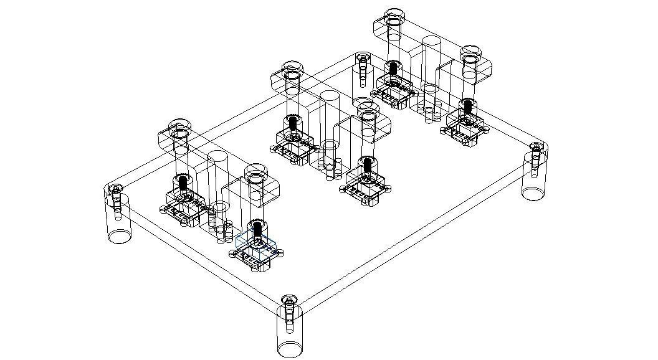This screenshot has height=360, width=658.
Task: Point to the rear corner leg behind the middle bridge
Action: (x=361, y=78)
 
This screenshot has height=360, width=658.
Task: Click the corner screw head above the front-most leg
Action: (x=288, y=302)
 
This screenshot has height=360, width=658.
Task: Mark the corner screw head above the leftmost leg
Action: (x=115, y=189)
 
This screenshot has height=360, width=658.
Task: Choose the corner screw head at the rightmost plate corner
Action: (x=536, y=148)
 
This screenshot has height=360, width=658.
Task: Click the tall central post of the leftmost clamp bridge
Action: (x=218, y=187)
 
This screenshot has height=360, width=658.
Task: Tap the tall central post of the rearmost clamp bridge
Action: (x=432, y=69)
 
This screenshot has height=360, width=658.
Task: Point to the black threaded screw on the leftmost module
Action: (x=183, y=182)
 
